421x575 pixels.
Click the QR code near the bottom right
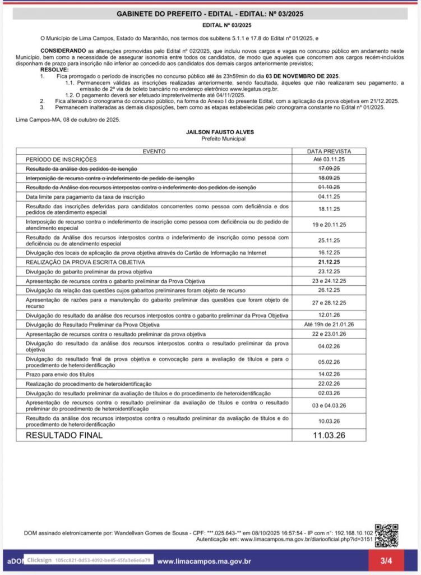[x=386, y=535]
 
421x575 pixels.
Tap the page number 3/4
[x=386, y=560]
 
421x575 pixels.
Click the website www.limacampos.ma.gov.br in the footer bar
[x=203, y=561]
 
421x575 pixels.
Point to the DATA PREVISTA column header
[x=329, y=152]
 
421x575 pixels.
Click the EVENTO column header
[x=154, y=152]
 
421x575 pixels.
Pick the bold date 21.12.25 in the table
[x=329, y=262]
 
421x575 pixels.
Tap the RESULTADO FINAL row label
[x=64, y=435]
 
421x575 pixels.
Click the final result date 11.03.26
[x=329, y=435]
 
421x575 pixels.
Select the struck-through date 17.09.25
[x=329, y=168]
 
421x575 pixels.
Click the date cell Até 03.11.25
[x=329, y=159]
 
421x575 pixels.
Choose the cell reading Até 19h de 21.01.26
[x=329, y=325]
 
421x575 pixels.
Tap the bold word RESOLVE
[x=54, y=70]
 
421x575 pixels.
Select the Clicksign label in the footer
[x=38, y=560]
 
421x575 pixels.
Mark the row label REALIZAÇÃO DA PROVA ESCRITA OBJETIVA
[x=85, y=262]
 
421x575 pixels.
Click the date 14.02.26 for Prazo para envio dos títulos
[x=329, y=373]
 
